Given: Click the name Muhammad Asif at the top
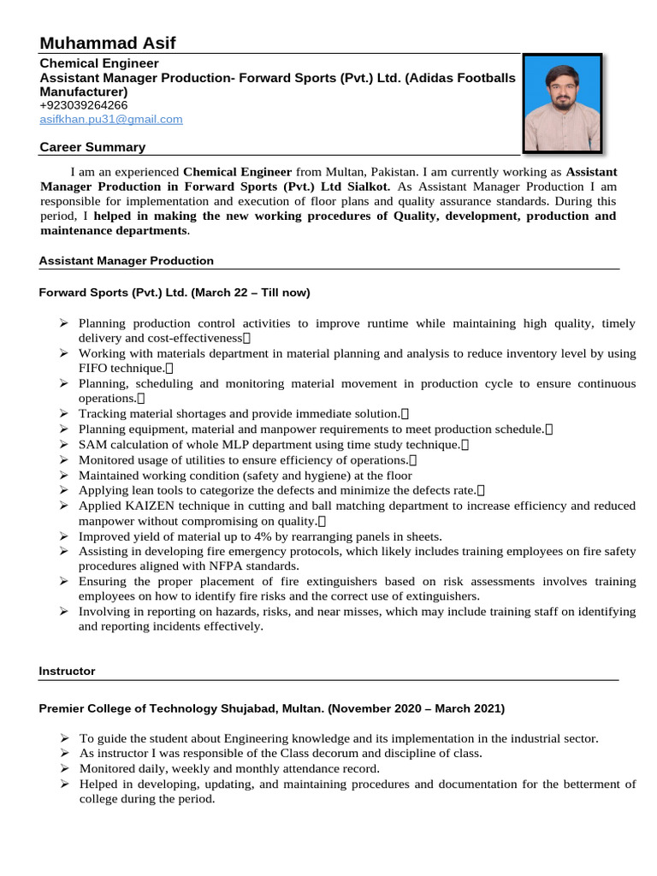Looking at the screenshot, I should [107, 44].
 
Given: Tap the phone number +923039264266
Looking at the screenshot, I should [84, 105].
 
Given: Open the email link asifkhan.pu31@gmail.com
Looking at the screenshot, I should [111, 120].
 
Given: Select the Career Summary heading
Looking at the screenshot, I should [92, 147].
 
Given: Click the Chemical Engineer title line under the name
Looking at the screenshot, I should [99, 63].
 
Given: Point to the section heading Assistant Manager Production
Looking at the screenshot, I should [127, 261].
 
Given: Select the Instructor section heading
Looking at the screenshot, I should [68, 672].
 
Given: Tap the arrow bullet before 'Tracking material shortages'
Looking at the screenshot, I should [64, 413].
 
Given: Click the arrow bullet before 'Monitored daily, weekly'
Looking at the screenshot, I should [64, 768].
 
